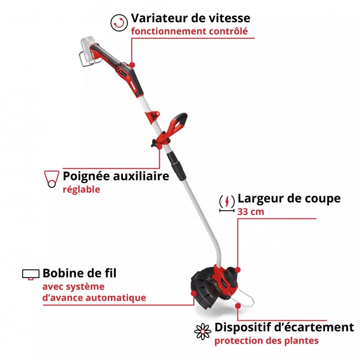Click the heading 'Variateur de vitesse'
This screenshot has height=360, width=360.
[190, 19]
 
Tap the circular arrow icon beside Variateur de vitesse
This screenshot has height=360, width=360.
[118, 23]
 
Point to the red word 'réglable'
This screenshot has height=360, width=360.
[81, 189]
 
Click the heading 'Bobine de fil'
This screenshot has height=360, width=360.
[79, 273]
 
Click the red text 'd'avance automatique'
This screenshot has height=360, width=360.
[94, 297]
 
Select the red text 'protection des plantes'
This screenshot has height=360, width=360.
[266, 341]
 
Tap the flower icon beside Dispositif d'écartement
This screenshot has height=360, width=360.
[203, 331]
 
